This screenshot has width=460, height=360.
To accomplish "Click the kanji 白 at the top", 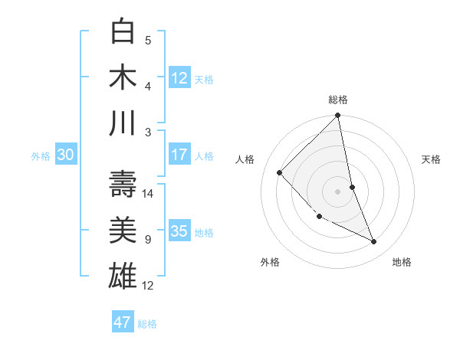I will point(123,32).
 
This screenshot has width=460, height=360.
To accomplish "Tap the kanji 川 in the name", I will point(123,123).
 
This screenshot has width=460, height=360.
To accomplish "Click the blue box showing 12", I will point(179,78).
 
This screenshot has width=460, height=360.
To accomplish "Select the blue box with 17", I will point(179,155).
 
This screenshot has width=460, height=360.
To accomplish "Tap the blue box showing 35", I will point(179,231).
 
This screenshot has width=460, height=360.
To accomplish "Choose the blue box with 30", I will point(65,155).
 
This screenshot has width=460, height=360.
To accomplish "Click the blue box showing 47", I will point(123,322).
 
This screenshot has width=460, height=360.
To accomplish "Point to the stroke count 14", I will point(149,194).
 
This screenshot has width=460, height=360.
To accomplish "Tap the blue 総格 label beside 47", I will point(148,324).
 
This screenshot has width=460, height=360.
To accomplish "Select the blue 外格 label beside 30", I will point(41,156).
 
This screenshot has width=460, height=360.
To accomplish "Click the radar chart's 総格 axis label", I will point(338,100).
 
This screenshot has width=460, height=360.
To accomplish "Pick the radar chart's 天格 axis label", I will point(432,159).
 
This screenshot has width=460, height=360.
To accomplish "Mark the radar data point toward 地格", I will point(374,242).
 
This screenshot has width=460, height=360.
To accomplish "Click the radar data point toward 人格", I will point(280,172).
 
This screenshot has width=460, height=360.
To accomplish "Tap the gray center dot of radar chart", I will point(338,191).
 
